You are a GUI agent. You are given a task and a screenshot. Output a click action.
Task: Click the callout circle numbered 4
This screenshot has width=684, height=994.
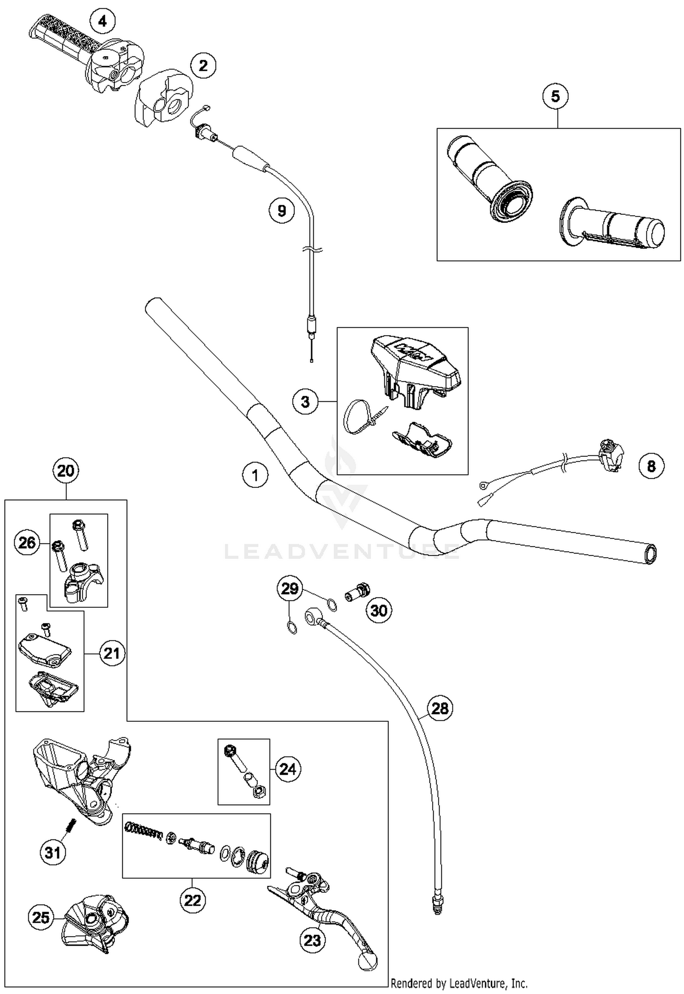click(x=103, y=21)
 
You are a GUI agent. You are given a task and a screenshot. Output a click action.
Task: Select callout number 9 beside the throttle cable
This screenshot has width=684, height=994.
click(x=281, y=211)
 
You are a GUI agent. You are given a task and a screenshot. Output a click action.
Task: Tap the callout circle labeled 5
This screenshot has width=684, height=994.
click(x=555, y=96)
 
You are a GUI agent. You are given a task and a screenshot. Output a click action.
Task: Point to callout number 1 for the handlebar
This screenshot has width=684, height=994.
click(x=255, y=475)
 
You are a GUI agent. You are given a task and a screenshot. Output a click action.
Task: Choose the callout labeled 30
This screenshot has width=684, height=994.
click(x=379, y=611)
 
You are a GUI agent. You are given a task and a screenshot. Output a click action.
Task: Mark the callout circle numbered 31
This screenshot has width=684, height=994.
click(x=53, y=852)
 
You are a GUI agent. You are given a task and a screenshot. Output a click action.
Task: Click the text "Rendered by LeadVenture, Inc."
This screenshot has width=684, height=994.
click(x=459, y=984)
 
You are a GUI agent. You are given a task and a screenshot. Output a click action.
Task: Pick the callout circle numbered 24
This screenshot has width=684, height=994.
click(x=288, y=769)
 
